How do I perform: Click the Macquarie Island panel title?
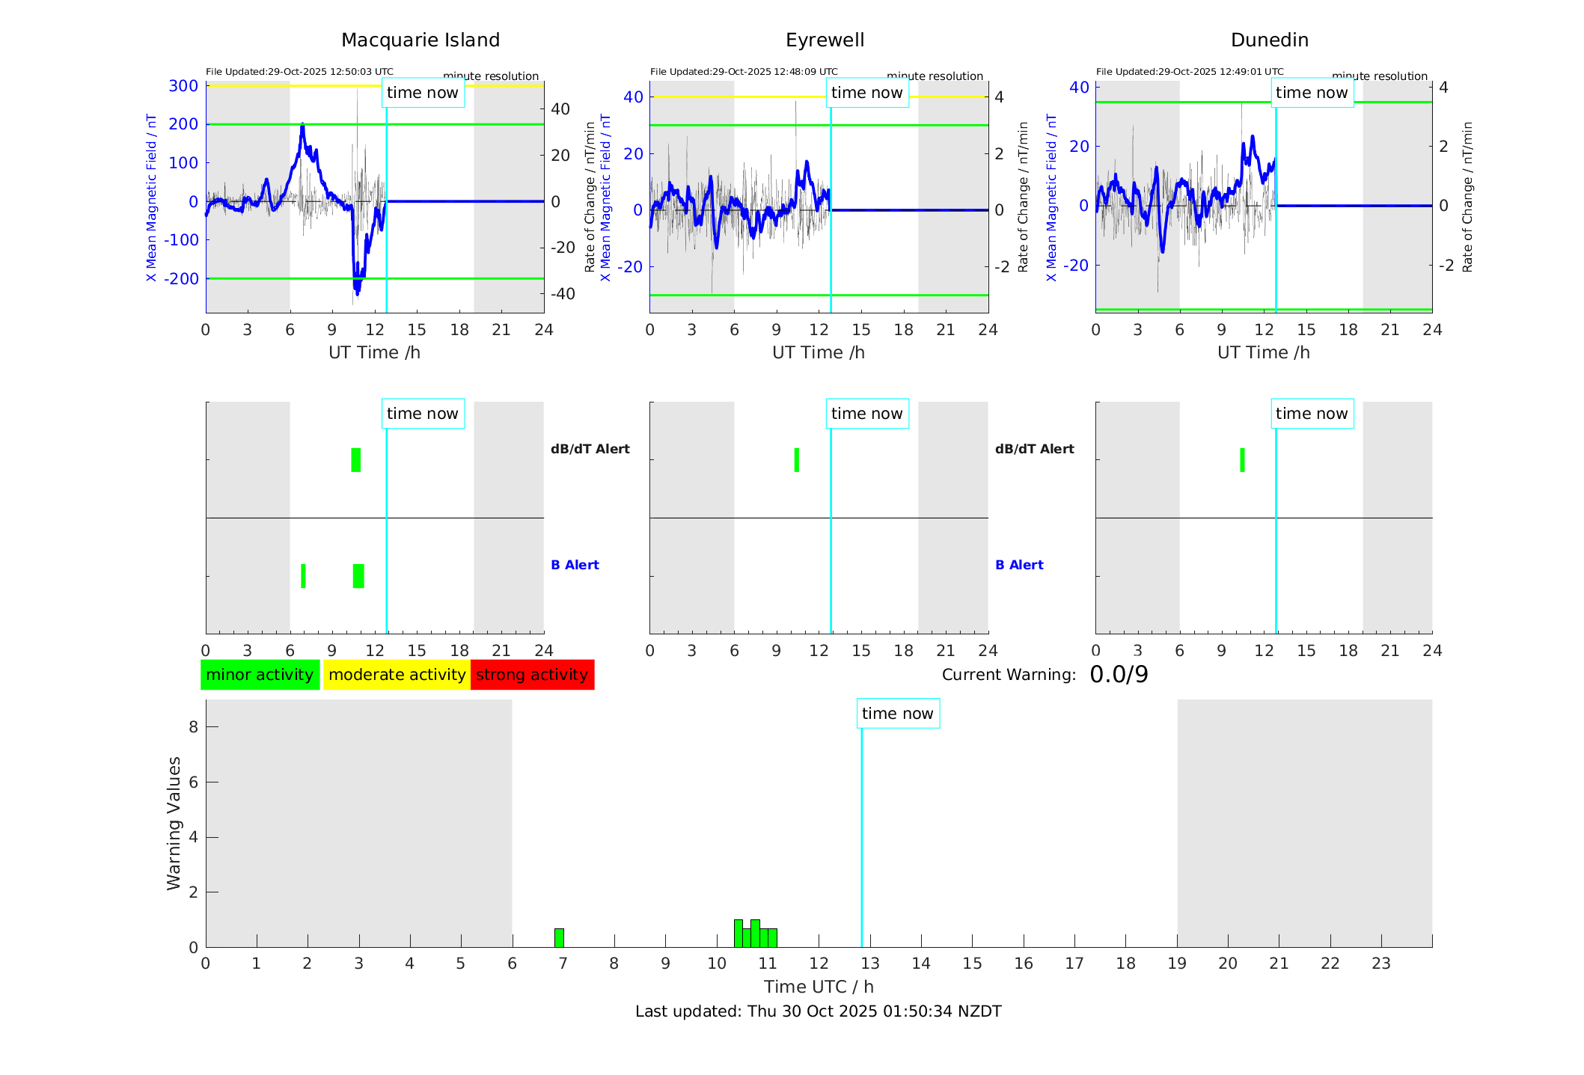421,40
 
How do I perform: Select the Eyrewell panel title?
825,40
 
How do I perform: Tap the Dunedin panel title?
1269,40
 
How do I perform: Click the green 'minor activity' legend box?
260,675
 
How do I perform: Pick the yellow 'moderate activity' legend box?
397,675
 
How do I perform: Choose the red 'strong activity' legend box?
532,675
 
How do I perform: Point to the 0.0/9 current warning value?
1119,675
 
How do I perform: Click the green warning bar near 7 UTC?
559,937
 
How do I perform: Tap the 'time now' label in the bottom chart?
898,714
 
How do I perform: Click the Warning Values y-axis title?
174,823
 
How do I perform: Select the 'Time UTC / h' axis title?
819,987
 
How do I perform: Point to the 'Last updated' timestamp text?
819,1011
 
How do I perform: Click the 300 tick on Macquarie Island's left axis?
183,86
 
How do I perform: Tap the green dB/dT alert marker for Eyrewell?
797,460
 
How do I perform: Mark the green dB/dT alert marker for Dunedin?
1243,460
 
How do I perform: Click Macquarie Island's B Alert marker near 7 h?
303,576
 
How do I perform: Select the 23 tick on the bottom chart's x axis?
1381,964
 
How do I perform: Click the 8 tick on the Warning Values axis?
194,726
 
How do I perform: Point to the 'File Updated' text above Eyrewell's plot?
744,72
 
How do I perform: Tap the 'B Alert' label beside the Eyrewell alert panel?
1019,565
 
